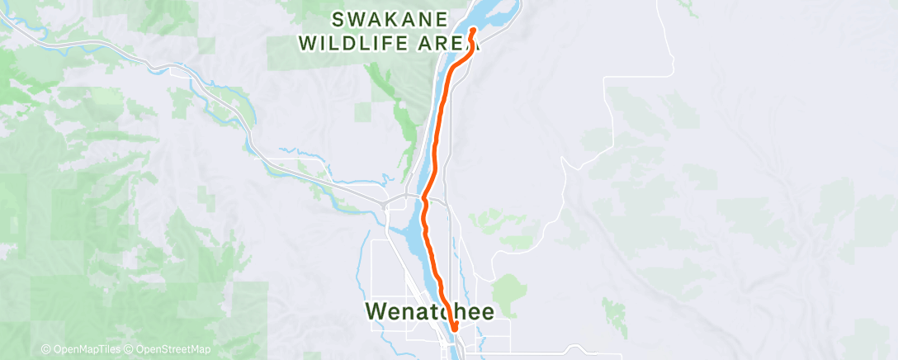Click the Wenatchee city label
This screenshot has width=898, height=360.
(429, 311)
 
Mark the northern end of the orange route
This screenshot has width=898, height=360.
(473, 31)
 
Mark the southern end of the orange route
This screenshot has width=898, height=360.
(455, 332)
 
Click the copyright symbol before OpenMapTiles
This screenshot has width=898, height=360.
(46, 350)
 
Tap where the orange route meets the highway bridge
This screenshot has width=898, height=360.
(424, 198)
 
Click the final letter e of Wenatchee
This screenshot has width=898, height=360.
(487, 311)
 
